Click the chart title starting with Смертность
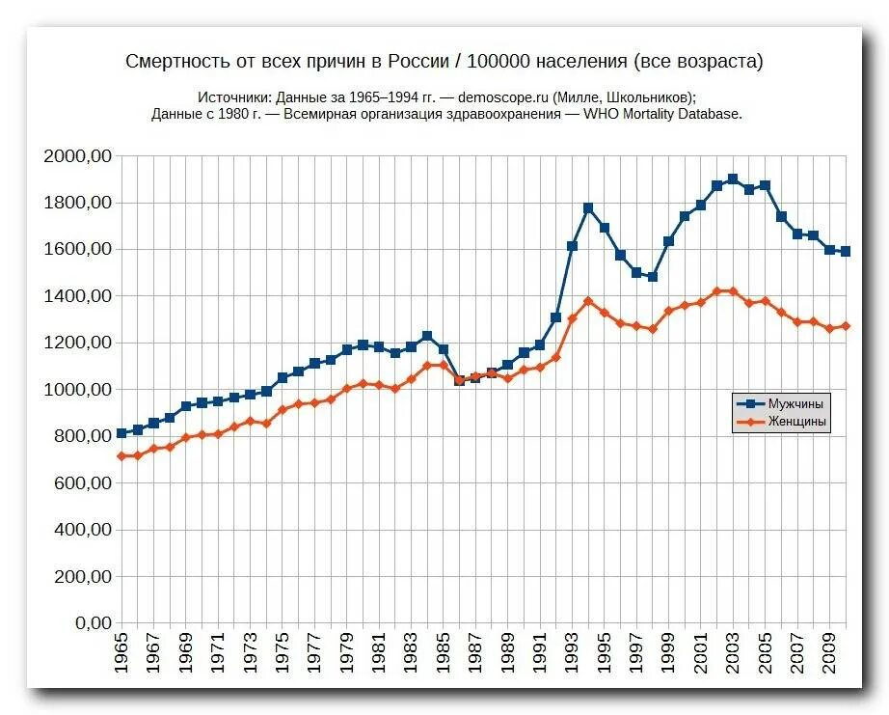[x=444, y=62]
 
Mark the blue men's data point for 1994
[x=588, y=208]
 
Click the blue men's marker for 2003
[x=733, y=179]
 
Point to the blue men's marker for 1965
[x=121, y=434]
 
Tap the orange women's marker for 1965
[x=121, y=456]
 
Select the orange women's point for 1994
[x=588, y=301]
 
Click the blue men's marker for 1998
[x=653, y=277]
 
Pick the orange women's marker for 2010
[x=846, y=326]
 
